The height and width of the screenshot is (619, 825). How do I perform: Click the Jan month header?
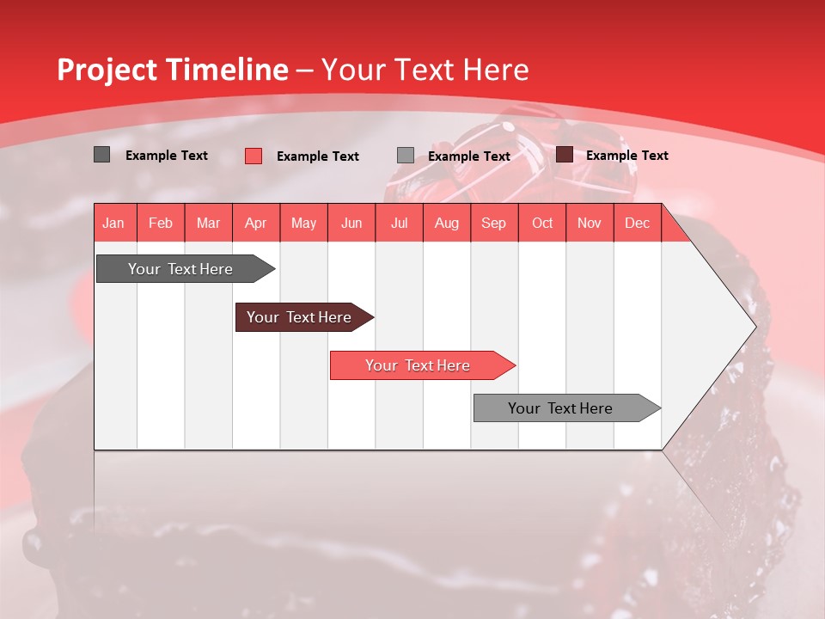113,223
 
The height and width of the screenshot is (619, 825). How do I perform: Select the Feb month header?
161,223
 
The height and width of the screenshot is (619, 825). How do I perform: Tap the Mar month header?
208,223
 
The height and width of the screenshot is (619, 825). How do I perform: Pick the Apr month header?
256,223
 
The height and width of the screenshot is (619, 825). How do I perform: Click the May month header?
303,223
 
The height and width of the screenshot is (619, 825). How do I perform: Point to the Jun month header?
351,223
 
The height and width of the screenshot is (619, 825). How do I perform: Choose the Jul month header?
399,223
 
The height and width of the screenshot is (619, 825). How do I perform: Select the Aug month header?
446,223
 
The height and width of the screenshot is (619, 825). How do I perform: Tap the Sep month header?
494,223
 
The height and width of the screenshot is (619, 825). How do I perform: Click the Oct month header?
542,223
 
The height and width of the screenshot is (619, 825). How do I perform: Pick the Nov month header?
590,223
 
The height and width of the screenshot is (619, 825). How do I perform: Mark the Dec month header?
637,223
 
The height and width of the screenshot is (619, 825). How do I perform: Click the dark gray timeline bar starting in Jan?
181,269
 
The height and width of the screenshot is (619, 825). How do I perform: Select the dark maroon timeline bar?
300,317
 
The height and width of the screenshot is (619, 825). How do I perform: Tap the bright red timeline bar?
419,365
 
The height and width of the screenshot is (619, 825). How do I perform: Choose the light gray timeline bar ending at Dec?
561,408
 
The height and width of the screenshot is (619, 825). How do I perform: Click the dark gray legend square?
102,155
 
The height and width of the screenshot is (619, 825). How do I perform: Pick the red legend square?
254,156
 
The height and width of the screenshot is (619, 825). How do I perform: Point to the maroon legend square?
565,155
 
